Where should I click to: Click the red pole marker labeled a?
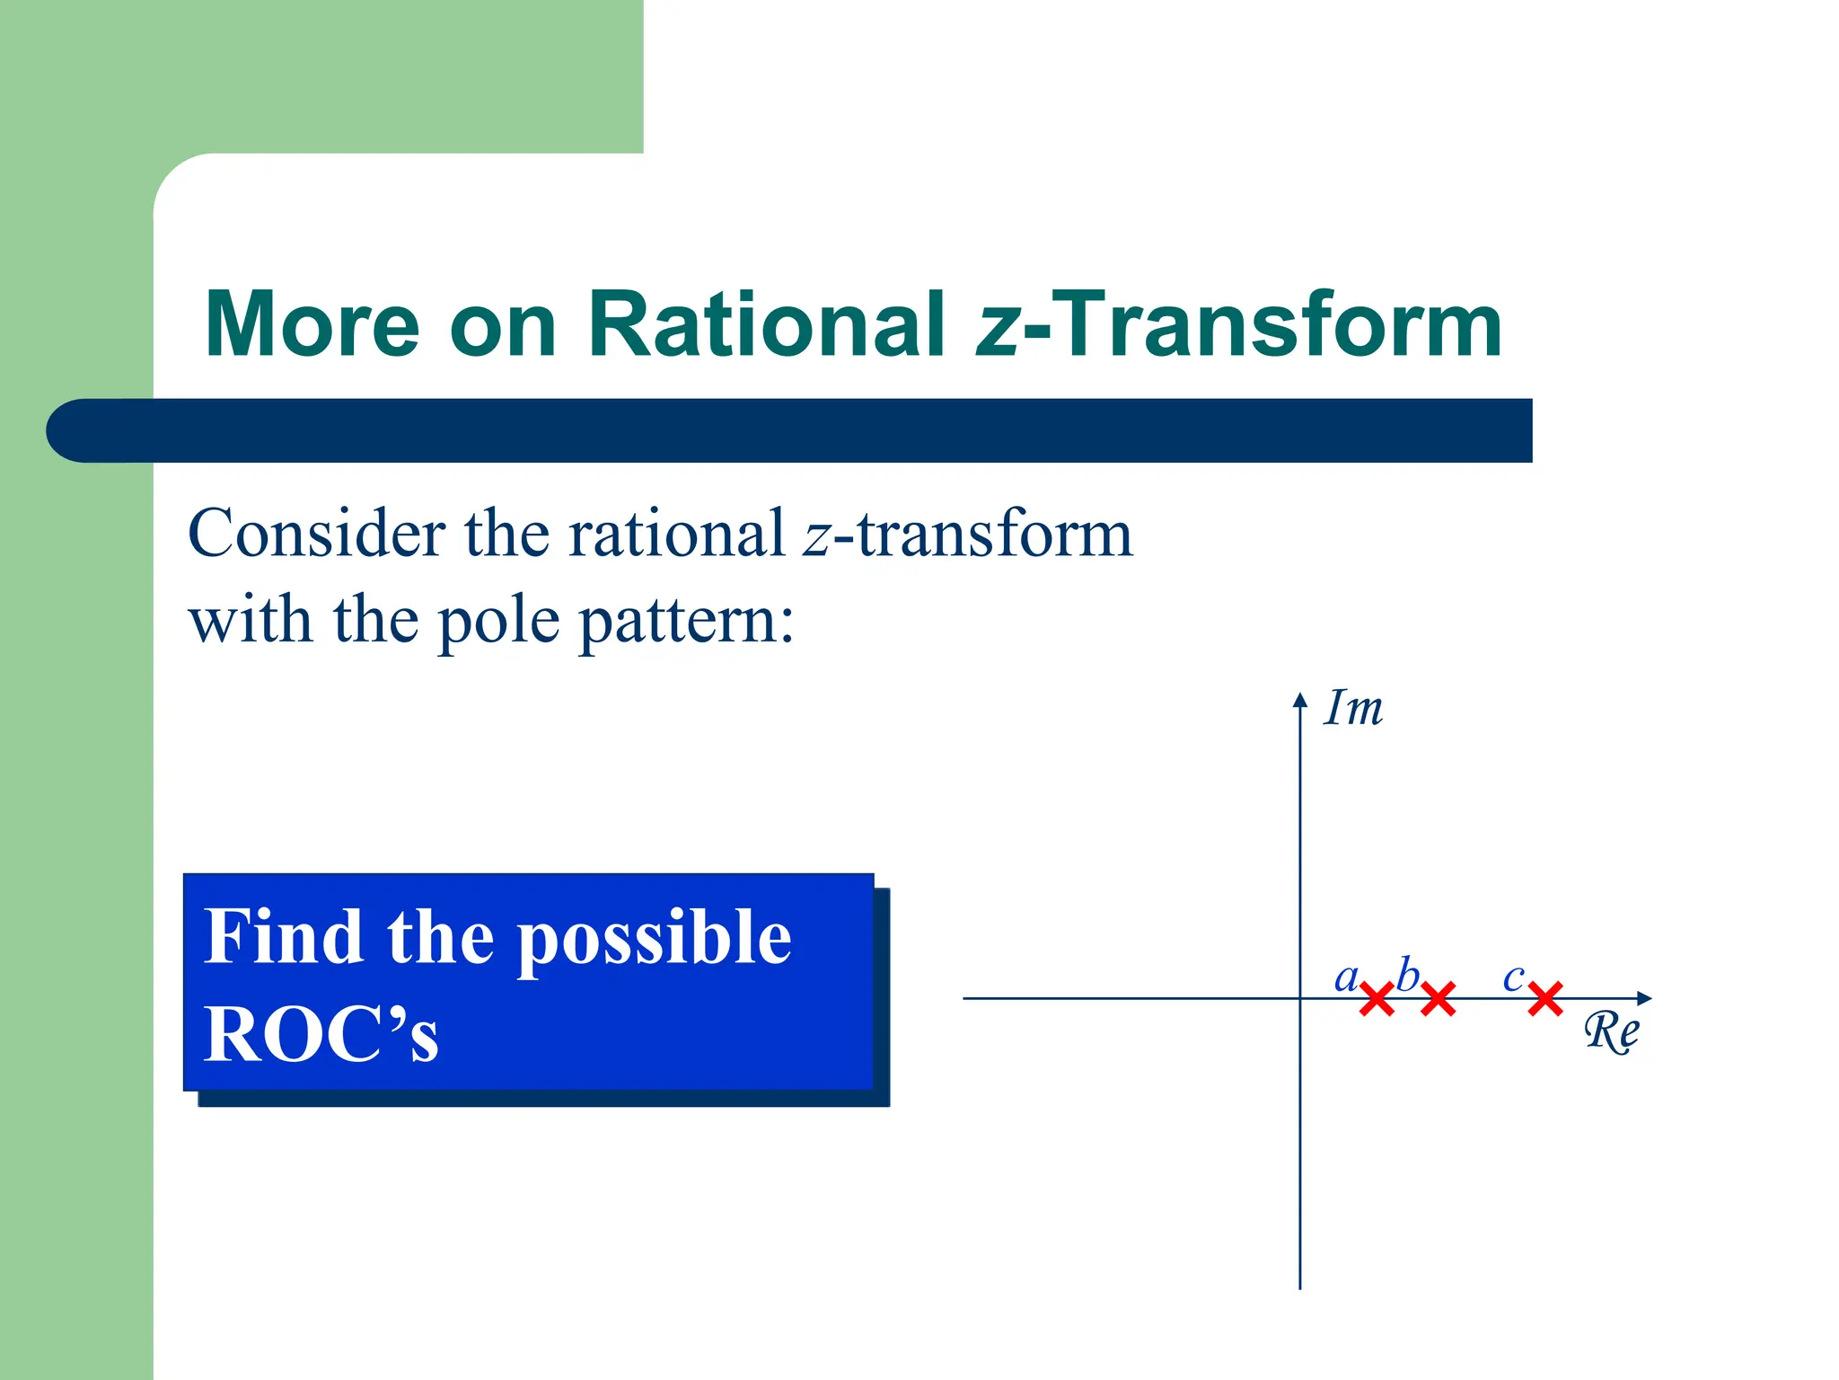pyautogui.click(x=1377, y=999)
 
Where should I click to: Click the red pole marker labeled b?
pyautogui.click(x=1438, y=999)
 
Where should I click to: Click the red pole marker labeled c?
pyautogui.click(x=1545, y=999)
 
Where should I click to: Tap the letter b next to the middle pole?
pyautogui.click(x=1407, y=975)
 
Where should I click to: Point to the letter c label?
pyautogui.click(x=1513, y=977)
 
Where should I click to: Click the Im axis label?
pyautogui.click(x=1354, y=709)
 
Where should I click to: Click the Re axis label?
pyautogui.click(x=1611, y=1031)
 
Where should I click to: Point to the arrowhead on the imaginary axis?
pyautogui.click(x=1299, y=699)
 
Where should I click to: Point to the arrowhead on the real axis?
pyautogui.click(x=1645, y=998)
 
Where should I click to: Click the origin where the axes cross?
pyautogui.click(x=1299, y=998)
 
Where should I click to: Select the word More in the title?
pyautogui.click(x=312, y=324)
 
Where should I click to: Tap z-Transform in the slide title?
pyautogui.click(x=1239, y=324)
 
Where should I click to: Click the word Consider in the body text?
pyautogui.click(x=317, y=534)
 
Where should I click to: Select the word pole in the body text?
pyautogui.click(x=498, y=622)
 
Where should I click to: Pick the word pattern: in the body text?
pyautogui.click(x=687, y=622)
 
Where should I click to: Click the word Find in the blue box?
pyautogui.click(x=282, y=937)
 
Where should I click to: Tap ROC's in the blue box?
pyautogui.click(x=321, y=1034)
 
